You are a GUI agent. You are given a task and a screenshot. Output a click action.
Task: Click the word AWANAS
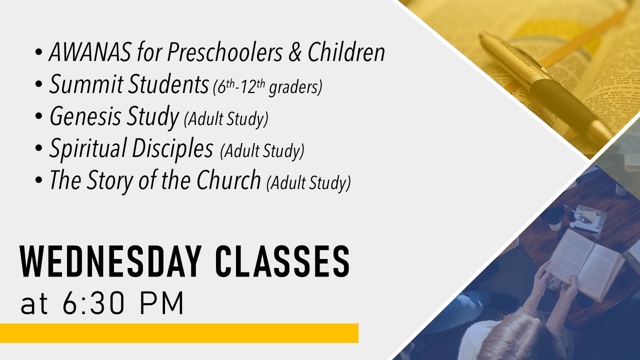coord(90,52)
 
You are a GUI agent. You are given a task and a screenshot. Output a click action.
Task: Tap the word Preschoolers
coord(225,52)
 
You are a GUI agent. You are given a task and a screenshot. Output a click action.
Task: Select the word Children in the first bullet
coord(346,52)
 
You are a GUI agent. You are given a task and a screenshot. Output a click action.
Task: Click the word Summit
coord(86,84)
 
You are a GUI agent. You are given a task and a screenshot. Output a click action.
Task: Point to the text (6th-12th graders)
coord(267,87)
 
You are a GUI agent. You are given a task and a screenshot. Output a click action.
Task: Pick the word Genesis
coord(85,116)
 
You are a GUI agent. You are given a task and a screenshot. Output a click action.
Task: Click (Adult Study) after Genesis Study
coord(226,119)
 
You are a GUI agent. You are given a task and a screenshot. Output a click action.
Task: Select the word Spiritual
coord(87,148)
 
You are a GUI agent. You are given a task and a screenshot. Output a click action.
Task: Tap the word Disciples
coord(172,147)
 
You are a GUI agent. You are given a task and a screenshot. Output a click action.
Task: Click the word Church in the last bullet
coord(229,179)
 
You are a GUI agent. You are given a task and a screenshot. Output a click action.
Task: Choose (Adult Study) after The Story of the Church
coord(308,183)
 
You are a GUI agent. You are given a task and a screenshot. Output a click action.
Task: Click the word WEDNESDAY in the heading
coord(110,261)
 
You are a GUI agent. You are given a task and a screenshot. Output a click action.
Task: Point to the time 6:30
coord(93,303)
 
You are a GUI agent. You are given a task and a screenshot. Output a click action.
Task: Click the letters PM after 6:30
coord(161,303)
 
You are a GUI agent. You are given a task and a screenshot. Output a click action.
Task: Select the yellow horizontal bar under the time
coord(179,333)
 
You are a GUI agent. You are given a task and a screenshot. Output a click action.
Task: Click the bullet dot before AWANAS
coord(38,52)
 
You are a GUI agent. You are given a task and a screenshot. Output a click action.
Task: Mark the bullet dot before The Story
coord(38,180)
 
